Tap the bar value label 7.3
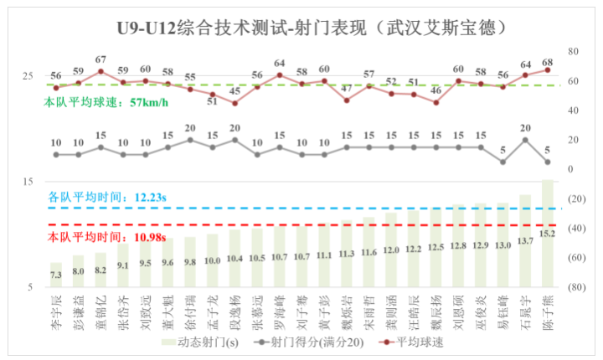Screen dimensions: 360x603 click(56, 275)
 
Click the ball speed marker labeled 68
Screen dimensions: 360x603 click(548, 69)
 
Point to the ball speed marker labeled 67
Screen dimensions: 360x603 click(100, 71)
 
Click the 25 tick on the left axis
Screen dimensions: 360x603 click(28, 76)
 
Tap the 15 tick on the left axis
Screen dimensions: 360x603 click(28, 182)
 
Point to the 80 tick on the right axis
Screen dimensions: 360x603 click(575, 50)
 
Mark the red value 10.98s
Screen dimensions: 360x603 click(142, 238)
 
